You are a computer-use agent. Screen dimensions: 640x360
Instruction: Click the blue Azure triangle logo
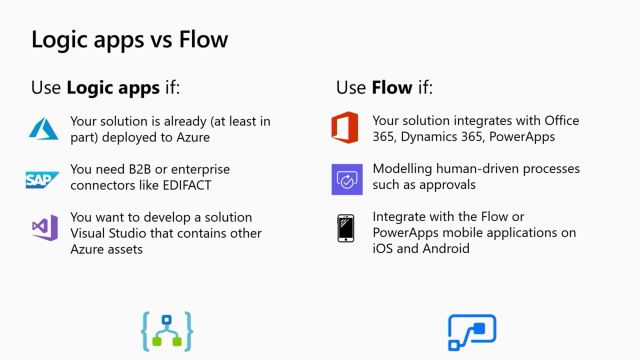coord(44,129)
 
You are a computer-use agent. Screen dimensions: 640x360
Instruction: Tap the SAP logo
coord(42,180)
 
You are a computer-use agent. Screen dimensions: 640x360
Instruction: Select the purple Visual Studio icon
coord(45,227)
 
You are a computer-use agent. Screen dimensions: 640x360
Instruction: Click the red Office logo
coord(345,127)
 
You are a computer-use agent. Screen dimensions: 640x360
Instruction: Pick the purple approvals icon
coord(347,179)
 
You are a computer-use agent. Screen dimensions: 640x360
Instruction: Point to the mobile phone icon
coord(346,228)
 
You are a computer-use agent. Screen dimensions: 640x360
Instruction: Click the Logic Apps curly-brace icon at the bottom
coord(167,331)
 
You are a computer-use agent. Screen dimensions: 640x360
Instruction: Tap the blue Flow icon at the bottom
coord(472,332)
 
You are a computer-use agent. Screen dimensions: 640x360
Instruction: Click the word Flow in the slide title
coord(203,40)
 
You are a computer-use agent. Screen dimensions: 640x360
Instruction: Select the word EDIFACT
coord(187,185)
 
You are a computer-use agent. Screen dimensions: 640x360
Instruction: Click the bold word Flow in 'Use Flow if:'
coord(392,87)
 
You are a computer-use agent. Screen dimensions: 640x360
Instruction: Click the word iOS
coord(382,249)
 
